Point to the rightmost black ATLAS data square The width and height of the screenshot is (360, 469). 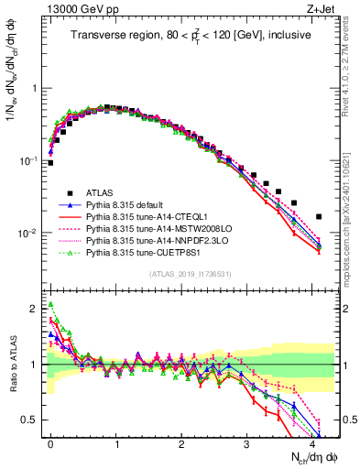pos(319,217)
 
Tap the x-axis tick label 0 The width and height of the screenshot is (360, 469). pos(50,444)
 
